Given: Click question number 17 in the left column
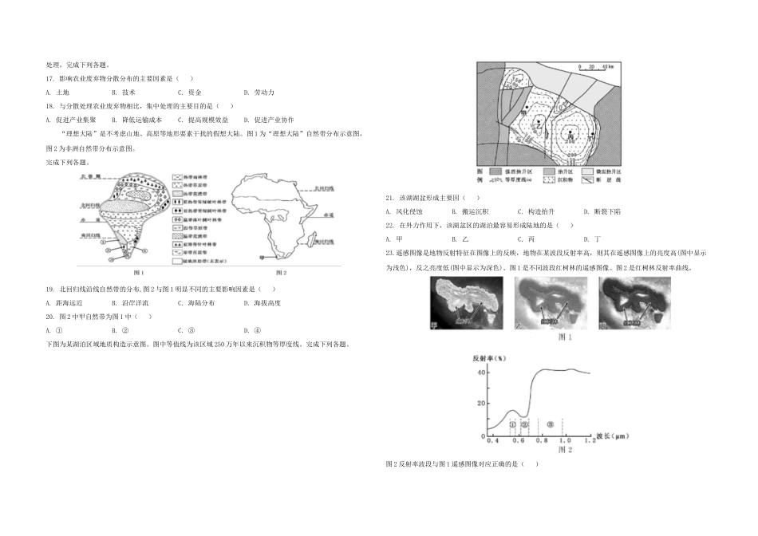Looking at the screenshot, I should point(52,79).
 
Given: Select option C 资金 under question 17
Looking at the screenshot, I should point(188,93).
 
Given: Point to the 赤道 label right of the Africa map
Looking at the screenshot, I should point(327,215).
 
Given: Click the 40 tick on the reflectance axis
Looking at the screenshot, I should point(481,372).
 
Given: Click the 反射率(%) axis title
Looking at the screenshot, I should point(490,357).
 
